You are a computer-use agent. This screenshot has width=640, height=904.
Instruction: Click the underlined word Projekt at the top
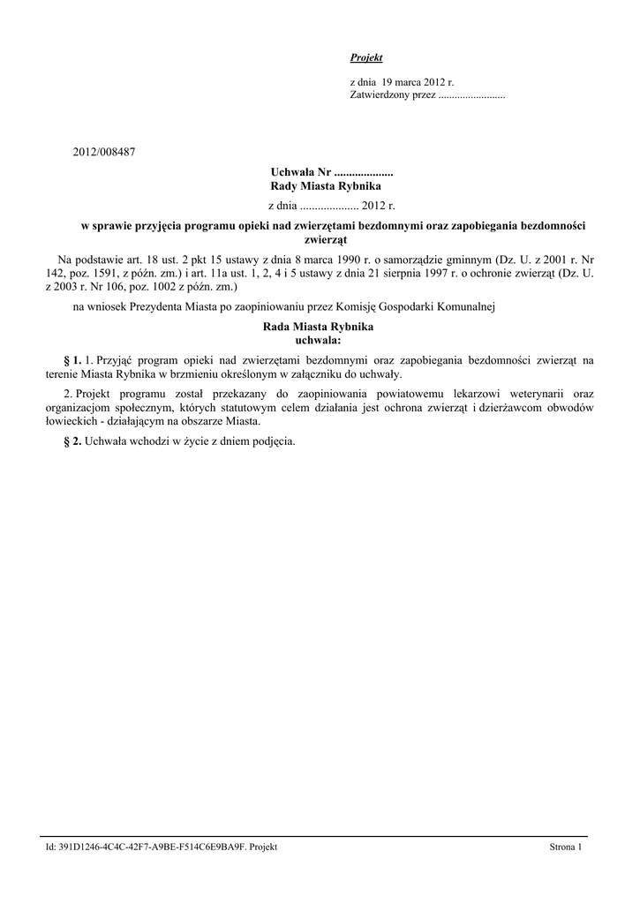(366, 57)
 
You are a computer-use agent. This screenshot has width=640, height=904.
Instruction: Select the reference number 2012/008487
(104, 153)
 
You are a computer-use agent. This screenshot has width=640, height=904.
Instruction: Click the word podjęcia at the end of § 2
(273, 441)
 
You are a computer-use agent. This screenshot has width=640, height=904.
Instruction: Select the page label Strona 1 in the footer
(566, 847)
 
